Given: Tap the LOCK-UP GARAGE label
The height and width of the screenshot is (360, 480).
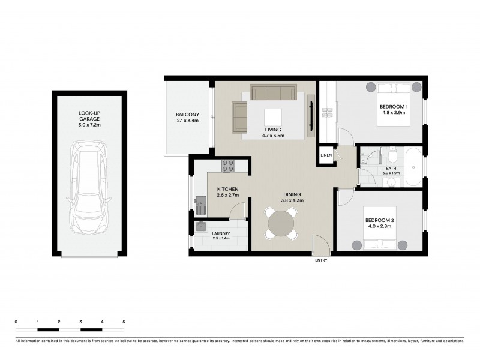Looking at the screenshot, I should (x=89, y=116).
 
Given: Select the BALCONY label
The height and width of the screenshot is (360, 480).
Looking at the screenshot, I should (x=187, y=115).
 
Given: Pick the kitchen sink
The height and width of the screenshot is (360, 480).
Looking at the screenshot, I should (x=201, y=207).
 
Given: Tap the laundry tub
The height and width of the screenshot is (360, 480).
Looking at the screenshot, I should (x=201, y=227).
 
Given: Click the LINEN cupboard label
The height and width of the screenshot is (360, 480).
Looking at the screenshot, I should (x=326, y=155).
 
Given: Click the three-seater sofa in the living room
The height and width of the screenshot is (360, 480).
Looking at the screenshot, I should (x=273, y=93).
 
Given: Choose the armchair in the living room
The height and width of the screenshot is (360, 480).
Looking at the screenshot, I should (x=239, y=117).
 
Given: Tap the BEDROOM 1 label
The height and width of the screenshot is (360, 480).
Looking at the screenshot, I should (x=394, y=107).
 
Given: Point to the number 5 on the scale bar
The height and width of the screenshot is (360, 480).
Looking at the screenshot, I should (x=124, y=323).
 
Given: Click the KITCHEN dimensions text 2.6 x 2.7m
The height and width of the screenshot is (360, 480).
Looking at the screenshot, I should (x=228, y=196).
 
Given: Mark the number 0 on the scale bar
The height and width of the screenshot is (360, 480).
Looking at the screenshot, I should (x=16, y=323).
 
